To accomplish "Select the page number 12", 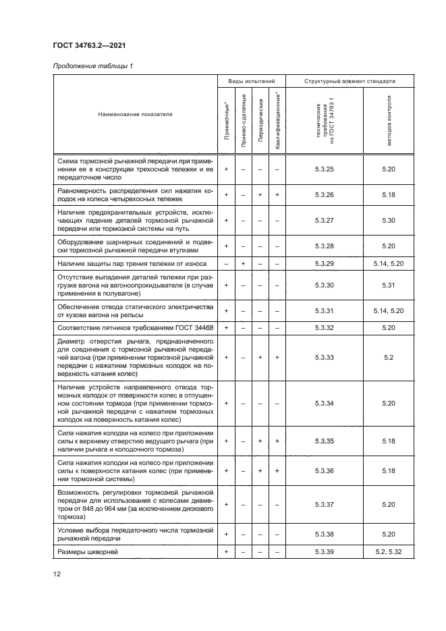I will pyautogui.click(x=57, y=574).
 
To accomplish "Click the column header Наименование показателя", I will pyautogui.click(x=135, y=114).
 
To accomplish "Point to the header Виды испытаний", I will pyautogui.click(x=252, y=81).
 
